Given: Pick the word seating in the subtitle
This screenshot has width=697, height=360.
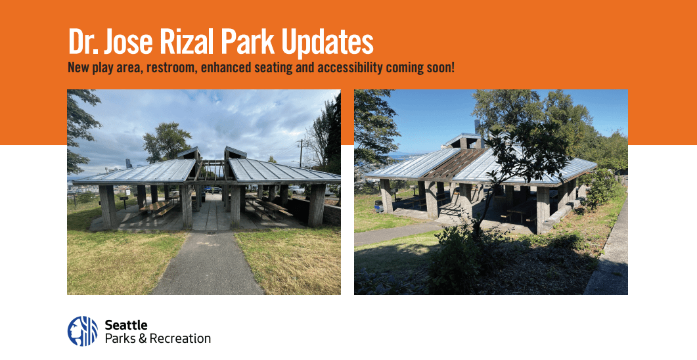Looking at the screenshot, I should point(270,68).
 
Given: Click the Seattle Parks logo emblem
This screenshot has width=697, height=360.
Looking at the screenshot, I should point(82,331).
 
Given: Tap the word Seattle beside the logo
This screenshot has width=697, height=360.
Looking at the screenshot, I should point(126,325).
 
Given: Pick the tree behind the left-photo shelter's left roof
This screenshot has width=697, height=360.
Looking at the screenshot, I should point(167,141).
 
